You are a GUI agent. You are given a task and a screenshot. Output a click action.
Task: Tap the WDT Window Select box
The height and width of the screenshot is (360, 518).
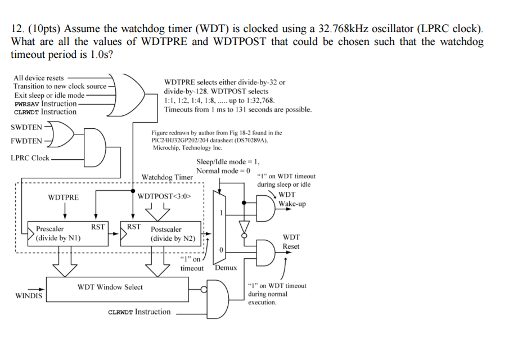coord(110,287)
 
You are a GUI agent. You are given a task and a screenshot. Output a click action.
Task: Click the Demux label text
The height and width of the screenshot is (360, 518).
coord(226,268)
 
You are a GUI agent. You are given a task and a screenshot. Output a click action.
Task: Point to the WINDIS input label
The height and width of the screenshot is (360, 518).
coord(29,295)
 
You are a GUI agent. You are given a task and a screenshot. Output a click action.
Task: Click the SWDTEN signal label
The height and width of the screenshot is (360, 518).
coord(26,127)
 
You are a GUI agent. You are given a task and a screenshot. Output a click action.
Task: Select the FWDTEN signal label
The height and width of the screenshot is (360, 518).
coord(26,141)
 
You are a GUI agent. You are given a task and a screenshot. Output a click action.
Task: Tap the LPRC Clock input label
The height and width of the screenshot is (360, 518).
coord(30,158)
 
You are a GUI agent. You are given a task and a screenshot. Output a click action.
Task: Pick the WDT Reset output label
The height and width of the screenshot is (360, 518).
coord(291,242)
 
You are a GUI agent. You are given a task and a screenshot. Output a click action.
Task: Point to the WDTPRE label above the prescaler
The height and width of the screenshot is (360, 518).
coord(64,197)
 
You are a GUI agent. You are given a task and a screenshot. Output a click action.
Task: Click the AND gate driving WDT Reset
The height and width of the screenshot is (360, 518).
coord(266,251)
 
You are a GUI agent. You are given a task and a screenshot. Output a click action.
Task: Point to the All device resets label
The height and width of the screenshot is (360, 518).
coord(39,78)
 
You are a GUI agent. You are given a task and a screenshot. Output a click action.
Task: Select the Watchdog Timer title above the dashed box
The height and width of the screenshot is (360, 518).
coord(167,177)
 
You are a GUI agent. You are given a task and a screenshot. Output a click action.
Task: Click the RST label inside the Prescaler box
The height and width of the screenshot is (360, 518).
coord(98,227)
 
